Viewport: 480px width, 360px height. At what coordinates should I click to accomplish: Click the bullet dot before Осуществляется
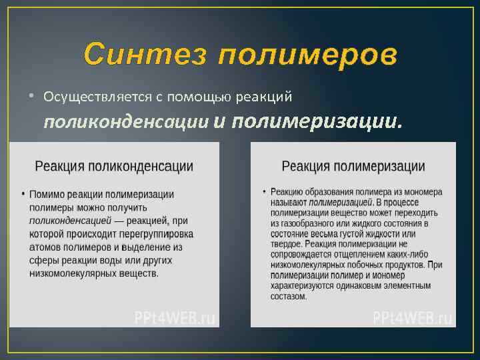click(31, 96)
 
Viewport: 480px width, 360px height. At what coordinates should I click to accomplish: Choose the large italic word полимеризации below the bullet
click(317, 121)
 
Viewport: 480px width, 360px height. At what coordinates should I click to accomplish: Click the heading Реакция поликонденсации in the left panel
click(114, 167)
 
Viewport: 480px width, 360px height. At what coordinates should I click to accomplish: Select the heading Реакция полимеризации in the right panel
click(353, 166)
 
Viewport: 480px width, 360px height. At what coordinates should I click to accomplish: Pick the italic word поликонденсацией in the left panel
click(70, 221)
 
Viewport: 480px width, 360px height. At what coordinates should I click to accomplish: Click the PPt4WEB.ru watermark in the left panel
click(175, 317)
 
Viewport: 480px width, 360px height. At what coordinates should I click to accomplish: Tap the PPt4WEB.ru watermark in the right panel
click(413, 317)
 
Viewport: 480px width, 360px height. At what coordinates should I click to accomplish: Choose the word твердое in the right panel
click(287, 244)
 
